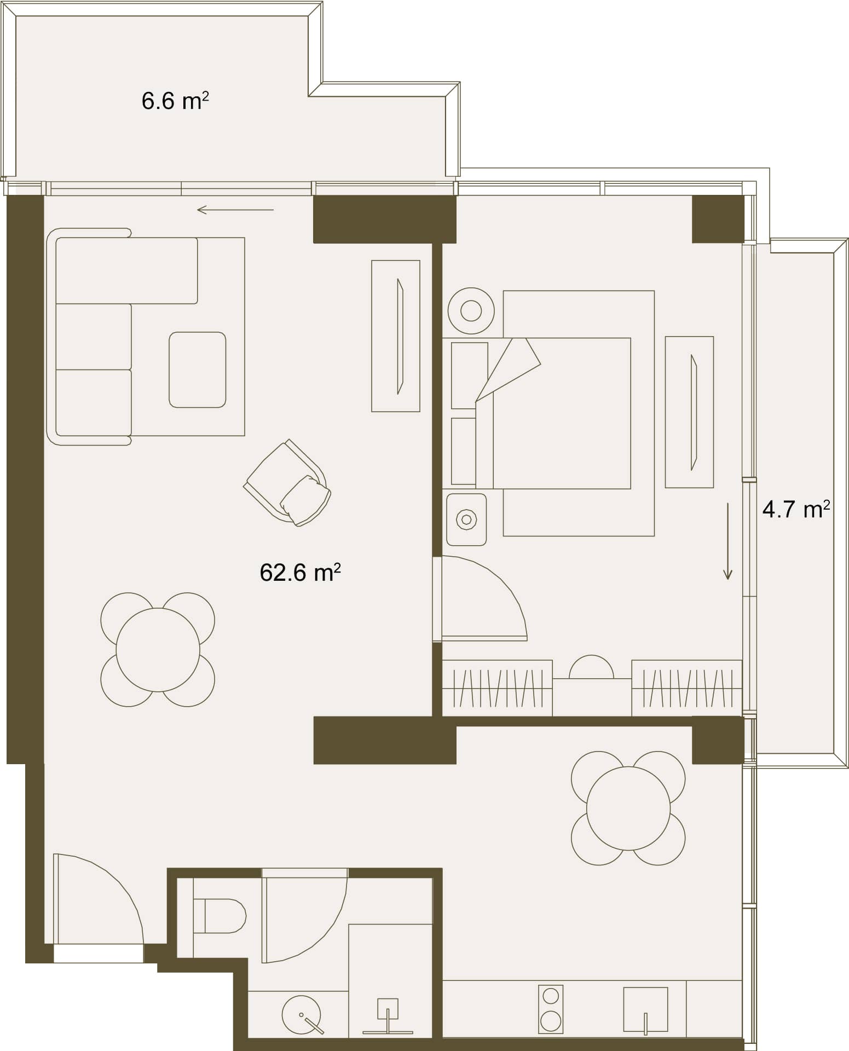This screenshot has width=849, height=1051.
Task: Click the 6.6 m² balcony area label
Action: (175, 101)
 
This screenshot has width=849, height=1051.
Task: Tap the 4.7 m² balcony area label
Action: (796, 509)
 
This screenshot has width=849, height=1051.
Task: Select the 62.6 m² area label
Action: (300, 573)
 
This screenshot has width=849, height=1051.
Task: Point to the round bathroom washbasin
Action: (301, 1014)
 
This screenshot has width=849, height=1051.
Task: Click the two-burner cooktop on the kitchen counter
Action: (550, 1009)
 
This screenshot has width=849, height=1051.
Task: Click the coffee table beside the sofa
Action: (197, 369)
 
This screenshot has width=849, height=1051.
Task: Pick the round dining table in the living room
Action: (158, 650)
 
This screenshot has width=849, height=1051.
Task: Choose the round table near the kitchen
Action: (628, 809)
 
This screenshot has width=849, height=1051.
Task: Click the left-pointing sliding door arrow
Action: (235, 210)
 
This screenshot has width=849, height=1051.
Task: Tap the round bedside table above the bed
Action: (471, 311)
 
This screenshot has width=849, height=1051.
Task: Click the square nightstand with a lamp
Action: (466, 519)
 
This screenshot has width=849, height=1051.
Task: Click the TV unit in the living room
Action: (395, 336)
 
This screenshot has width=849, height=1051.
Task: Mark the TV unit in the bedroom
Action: (689, 412)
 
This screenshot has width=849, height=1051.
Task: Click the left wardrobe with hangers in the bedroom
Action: (496, 688)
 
